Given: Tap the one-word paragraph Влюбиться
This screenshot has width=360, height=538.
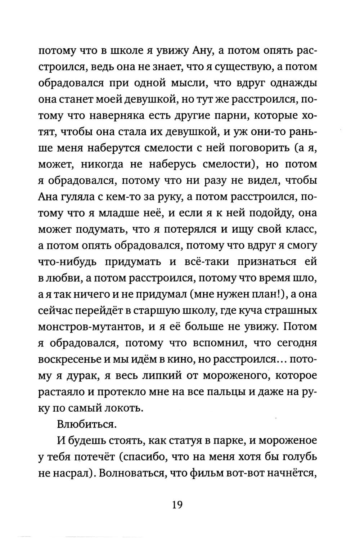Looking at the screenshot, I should [x=87, y=423].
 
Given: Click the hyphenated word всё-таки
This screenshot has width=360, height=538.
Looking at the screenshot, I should [x=208, y=262].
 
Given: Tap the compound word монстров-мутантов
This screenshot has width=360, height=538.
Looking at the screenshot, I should [x=90, y=327].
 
